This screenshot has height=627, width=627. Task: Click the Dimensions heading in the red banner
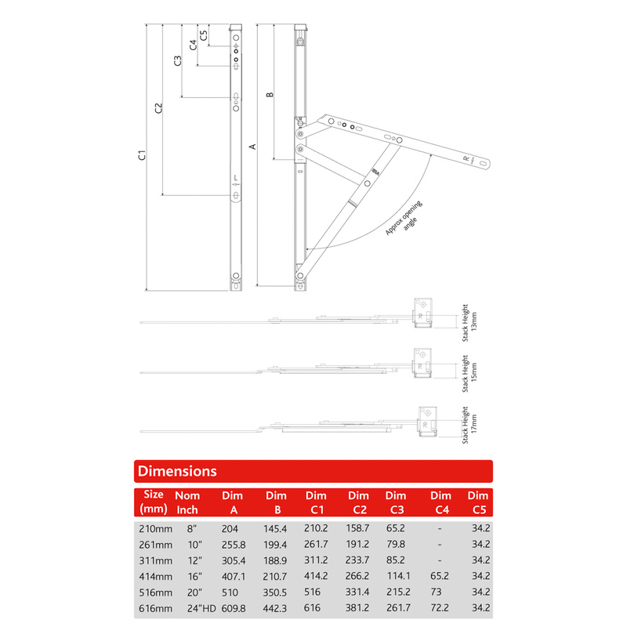(177, 471)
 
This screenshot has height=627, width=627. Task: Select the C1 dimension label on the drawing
(142, 155)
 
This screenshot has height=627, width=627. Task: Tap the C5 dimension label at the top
(204, 34)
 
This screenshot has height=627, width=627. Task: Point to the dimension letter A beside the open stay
(252, 146)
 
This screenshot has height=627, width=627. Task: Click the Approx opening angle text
(404, 220)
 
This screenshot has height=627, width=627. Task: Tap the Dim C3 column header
(396, 502)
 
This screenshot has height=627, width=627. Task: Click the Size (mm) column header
(154, 502)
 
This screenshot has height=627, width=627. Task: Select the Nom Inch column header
(187, 502)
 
